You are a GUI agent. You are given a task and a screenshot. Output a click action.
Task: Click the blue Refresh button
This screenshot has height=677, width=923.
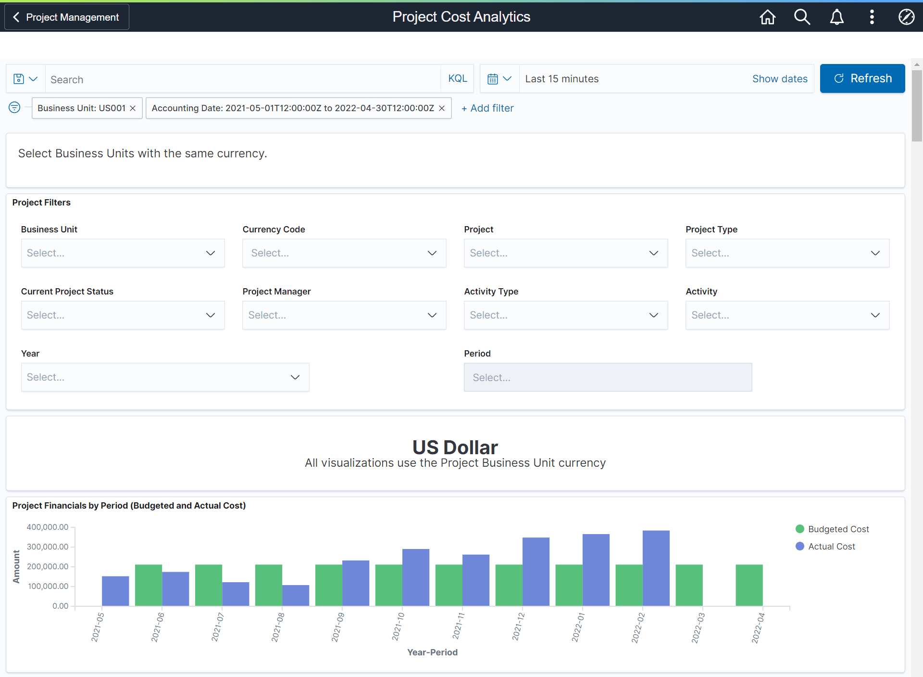(x=862, y=78)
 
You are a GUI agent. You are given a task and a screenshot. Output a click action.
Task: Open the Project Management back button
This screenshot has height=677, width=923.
(x=67, y=17)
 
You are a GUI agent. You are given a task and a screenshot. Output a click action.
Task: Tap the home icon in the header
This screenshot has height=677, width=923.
(x=767, y=17)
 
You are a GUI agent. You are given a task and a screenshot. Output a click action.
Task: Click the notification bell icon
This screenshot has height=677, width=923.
(x=836, y=17)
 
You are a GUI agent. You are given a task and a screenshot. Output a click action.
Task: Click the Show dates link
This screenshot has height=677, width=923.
(x=779, y=79)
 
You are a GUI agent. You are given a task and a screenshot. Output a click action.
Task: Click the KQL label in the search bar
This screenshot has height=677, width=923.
(x=457, y=78)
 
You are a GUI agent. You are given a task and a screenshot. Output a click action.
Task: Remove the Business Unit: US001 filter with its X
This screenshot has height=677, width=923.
(x=133, y=108)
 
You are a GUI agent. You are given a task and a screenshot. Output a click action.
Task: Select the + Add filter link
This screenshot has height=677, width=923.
(x=487, y=108)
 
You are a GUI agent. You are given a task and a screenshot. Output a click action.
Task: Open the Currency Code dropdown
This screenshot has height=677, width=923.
(x=344, y=253)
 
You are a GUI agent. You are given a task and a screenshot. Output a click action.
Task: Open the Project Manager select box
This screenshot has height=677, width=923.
(x=344, y=315)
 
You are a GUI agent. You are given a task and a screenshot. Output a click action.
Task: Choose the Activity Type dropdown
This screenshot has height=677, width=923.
(x=565, y=315)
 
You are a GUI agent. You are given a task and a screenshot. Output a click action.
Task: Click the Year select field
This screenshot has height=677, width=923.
(x=165, y=377)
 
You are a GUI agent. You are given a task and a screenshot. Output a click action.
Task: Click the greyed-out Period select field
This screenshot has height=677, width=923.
(x=608, y=378)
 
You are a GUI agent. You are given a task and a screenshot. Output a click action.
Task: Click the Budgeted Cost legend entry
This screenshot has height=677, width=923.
(x=838, y=529)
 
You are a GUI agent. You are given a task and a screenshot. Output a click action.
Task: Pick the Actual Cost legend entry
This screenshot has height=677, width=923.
(x=831, y=547)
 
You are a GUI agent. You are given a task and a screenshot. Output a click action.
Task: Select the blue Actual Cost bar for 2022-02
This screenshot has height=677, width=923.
(x=656, y=568)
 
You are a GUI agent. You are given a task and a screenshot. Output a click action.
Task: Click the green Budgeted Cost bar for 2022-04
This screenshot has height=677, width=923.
(x=749, y=585)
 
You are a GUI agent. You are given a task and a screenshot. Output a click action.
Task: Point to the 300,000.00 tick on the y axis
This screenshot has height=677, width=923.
(x=48, y=547)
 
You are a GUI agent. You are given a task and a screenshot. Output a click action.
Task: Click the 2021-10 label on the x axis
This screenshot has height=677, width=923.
(x=398, y=626)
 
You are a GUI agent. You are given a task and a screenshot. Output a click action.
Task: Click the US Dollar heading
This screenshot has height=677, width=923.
(x=455, y=447)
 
